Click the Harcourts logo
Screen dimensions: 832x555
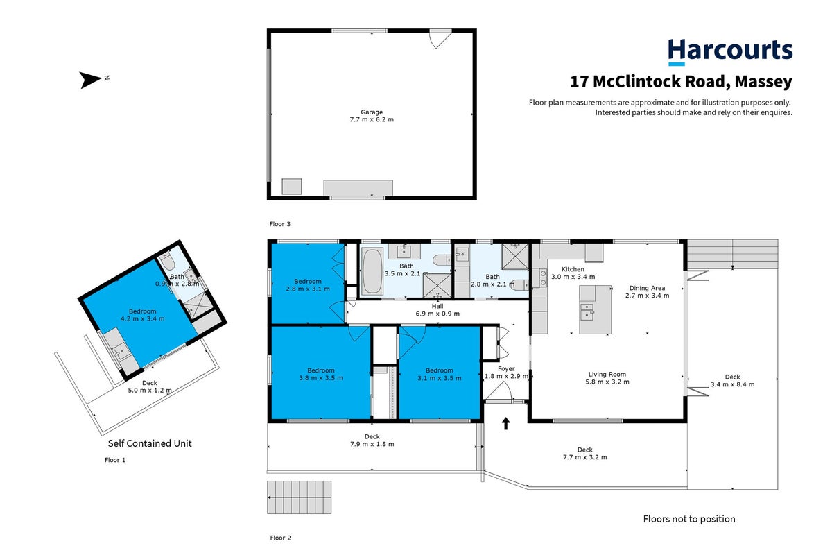(730, 52)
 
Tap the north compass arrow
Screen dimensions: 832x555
(90, 80)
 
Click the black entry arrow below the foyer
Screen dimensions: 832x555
(505, 423)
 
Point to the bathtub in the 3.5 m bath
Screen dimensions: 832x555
(372, 271)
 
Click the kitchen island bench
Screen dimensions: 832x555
(595, 309)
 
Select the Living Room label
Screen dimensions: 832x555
(607, 375)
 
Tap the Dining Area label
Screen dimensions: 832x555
(647, 288)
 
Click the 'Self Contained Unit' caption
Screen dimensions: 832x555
(150, 443)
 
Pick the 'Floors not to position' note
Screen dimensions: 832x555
(689, 519)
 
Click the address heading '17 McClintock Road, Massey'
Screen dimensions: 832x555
(681, 82)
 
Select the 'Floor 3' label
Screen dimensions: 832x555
(280, 224)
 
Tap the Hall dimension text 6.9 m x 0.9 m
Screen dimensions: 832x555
(437, 314)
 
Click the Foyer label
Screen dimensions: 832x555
(506, 368)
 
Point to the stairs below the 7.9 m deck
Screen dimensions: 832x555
(300, 497)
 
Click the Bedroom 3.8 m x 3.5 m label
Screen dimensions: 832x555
(321, 374)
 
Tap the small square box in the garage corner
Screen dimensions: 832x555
(292, 186)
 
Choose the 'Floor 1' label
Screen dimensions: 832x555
(115, 460)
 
